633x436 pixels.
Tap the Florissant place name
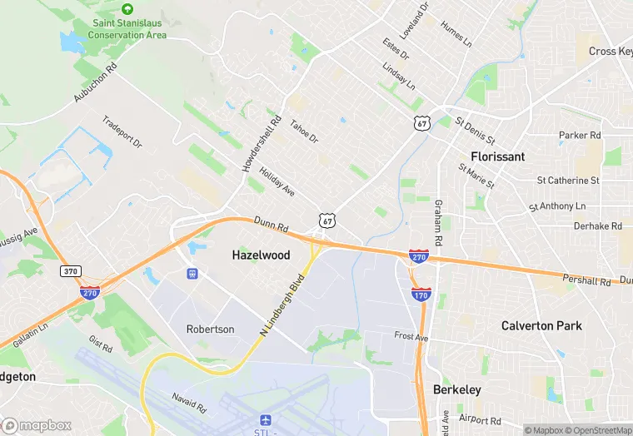click(497, 156)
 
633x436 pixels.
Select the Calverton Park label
click(541, 325)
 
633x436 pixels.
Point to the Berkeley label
click(457, 389)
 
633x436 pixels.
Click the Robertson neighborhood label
click(210, 329)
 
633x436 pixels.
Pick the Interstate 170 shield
click(421, 295)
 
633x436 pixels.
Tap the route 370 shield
click(71, 271)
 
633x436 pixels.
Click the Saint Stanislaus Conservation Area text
click(127, 29)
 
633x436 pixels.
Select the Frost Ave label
click(411, 337)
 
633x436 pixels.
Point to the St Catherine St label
click(568, 180)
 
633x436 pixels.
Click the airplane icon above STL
click(267, 418)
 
